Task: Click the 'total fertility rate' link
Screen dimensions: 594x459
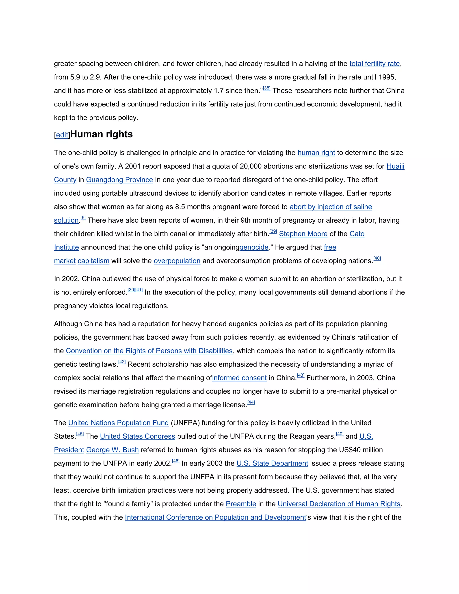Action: coord(375,64)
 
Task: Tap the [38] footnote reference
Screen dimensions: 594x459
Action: coord(266,88)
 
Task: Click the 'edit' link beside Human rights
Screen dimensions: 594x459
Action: coord(62,135)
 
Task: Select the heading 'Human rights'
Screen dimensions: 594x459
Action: coord(102,134)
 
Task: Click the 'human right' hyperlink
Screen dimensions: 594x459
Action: coord(316,153)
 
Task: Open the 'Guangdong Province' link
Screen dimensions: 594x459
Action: coord(119,180)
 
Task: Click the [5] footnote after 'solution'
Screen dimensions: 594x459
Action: coord(83,218)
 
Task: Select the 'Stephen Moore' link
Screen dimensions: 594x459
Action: coord(303,234)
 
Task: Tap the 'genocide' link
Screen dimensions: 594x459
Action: coord(254,247)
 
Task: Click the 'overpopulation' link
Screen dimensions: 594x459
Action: coord(177,261)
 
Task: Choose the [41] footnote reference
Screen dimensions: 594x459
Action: coord(139,290)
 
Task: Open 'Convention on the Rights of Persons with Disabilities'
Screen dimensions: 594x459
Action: coord(149,351)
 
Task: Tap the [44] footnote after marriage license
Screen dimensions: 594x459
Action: coord(251,403)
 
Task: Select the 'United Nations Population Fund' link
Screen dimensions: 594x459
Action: coord(119,423)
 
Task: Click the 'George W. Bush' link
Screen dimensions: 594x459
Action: coord(112,450)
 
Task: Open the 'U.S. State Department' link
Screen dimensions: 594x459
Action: coord(272,464)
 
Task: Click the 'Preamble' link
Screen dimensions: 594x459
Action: coord(241,504)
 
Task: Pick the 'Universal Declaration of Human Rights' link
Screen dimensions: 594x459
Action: coord(339,504)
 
